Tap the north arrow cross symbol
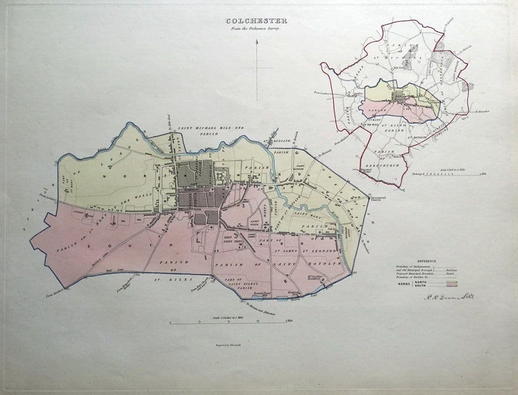(x=258, y=69)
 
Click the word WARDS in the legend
(x=403, y=283)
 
